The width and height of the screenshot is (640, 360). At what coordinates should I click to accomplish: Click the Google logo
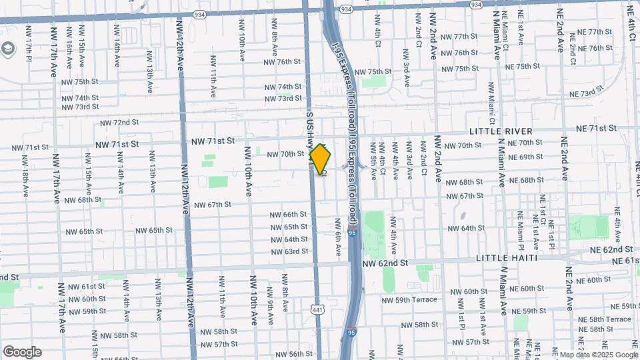click(21, 352)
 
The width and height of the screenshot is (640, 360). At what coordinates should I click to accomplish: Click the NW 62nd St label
click(385, 264)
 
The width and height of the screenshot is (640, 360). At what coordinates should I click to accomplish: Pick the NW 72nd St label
click(119, 123)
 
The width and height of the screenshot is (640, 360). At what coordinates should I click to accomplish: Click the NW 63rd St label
click(290, 251)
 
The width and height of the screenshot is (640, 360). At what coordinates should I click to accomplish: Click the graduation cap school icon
click(7, 48)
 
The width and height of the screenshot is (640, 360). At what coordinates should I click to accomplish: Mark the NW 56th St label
click(294, 354)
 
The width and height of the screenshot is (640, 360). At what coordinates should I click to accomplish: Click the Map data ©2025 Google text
click(598, 355)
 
